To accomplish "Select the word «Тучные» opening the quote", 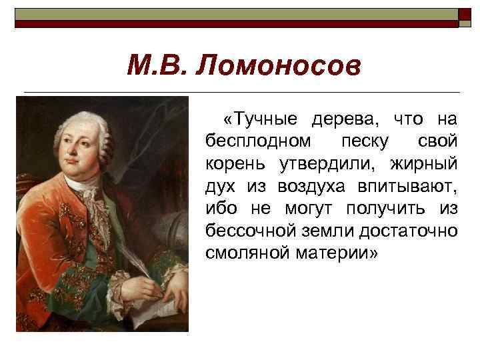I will coord(261,119).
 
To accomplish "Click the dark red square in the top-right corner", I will coord(465,17).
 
